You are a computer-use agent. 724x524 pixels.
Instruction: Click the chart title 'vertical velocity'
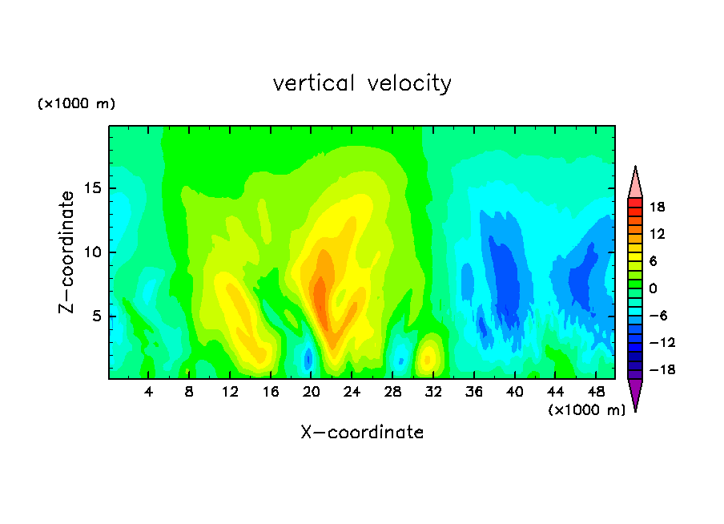[362, 84]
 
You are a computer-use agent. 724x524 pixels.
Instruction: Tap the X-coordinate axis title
[362, 432]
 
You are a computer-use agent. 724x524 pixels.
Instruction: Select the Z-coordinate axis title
[66, 252]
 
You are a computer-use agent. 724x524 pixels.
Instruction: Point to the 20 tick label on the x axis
[311, 392]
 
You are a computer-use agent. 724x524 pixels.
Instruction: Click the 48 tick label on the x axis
[596, 392]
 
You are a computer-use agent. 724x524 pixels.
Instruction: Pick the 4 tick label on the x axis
[148, 392]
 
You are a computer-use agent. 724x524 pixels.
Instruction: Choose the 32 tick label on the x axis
[433, 392]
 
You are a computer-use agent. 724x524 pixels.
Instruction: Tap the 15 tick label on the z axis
[92, 188]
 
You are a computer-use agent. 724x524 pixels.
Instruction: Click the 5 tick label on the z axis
[96, 316]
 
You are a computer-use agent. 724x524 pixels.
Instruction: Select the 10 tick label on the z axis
[92, 252]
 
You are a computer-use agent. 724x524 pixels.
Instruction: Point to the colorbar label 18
[657, 207]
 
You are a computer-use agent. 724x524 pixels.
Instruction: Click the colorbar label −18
[662, 369]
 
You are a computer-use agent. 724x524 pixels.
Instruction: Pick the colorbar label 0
[653, 288]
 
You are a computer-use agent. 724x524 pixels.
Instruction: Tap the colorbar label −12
[662, 342]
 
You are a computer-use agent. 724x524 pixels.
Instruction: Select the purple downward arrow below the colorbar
[635, 393]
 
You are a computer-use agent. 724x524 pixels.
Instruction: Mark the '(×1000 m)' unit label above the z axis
[76, 103]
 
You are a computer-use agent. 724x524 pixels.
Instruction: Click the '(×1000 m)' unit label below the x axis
[586, 410]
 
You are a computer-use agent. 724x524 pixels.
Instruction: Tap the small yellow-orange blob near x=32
[428, 358]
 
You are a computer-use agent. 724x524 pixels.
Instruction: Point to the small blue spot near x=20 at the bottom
[308, 358]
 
